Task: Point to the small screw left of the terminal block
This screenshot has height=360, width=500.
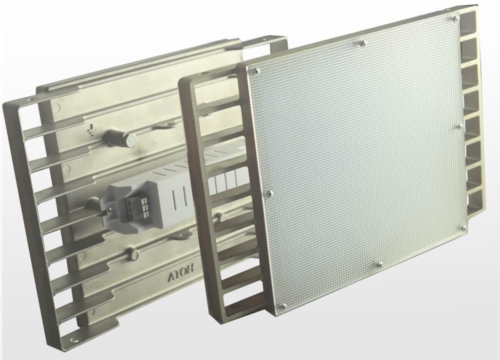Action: click(x=110, y=209)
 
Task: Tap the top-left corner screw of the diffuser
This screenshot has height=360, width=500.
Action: click(x=256, y=72)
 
